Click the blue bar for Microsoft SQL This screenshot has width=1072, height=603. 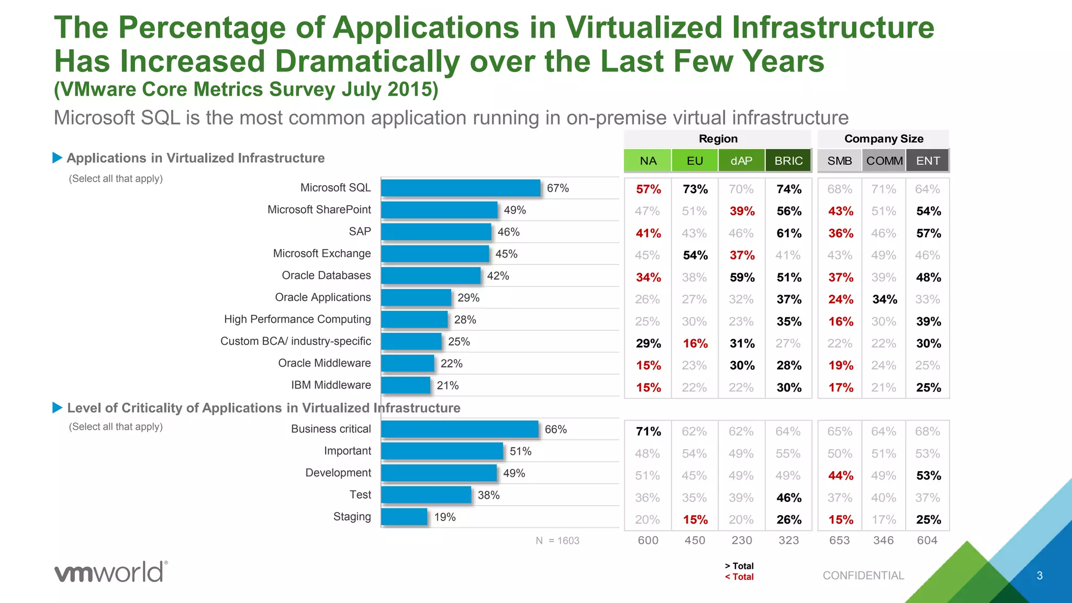pos(461,188)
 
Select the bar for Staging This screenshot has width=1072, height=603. pos(404,517)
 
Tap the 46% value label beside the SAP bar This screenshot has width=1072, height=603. pos(508,232)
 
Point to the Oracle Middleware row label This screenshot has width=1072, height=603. pos(324,363)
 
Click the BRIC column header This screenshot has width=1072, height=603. pos(788,161)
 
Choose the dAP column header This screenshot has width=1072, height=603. pos(741,161)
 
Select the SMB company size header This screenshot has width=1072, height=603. pos(840,161)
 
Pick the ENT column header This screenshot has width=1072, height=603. pos(928,161)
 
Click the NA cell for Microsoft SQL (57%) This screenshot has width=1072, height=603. pos(648,189)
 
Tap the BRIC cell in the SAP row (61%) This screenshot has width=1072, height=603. pos(789,233)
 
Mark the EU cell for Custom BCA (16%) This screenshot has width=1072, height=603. pos(695,343)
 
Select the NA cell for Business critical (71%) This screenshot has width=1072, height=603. pos(648,431)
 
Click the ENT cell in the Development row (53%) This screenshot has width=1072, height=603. pos(929,475)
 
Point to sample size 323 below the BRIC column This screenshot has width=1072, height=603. pos(788,540)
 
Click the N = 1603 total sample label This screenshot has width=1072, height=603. pos(557,541)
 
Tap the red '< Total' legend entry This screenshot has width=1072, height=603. pos(739,577)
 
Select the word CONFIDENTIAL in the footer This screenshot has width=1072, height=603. pos(863,575)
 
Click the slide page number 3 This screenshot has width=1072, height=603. pos(1040,575)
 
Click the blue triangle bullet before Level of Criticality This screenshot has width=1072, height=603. pos(58,408)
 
